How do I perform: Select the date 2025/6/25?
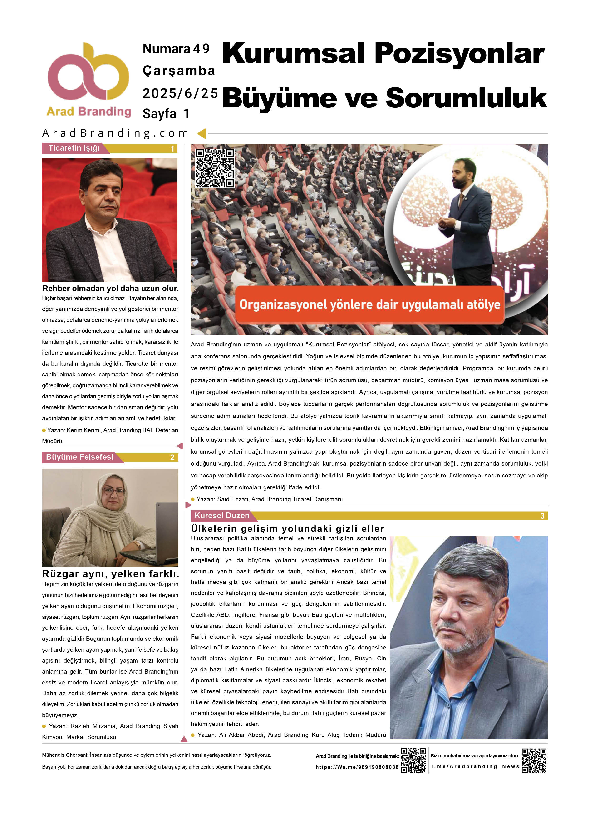(180, 94)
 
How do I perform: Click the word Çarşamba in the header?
(179, 71)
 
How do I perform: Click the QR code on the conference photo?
(215, 168)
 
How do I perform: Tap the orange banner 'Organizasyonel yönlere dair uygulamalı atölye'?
(370, 305)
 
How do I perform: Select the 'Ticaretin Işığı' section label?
(74, 148)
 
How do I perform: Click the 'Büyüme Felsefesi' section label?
(79, 457)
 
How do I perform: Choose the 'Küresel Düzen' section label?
(222, 516)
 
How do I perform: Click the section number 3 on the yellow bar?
(542, 516)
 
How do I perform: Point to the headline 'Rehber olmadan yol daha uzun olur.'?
(110, 288)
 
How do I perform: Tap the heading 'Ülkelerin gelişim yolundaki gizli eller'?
(287, 528)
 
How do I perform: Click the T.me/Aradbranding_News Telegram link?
(474, 766)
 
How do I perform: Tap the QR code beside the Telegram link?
(534, 760)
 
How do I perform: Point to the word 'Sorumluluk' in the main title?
(466, 98)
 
